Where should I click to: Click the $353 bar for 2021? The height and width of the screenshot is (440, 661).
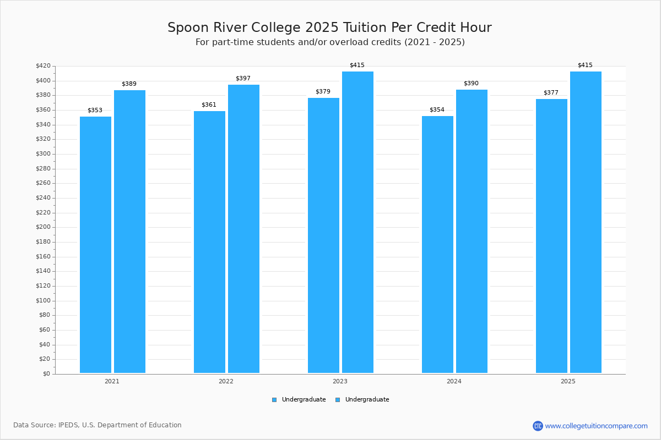coord(96,245)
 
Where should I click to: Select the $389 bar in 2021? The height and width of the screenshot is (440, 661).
coord(130,232)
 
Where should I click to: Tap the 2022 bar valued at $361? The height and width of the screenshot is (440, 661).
coord(209,242)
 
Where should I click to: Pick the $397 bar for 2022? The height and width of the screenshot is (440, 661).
coord(243,229)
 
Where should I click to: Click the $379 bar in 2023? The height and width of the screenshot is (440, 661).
coord(324,235)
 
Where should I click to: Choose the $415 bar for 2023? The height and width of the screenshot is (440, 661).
coord(357,222)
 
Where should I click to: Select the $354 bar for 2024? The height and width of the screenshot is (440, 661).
coord(437,244)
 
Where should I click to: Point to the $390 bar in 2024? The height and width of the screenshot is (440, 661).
coord(472,231)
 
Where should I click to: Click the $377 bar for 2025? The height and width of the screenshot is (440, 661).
coord(551,236)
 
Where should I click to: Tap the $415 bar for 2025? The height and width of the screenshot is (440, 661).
coord(586,222)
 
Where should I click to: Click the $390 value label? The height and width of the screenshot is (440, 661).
coord(471,84)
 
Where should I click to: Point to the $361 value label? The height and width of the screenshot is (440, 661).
coord(209,105)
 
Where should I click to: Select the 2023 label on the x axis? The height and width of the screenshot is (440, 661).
coord(340,381)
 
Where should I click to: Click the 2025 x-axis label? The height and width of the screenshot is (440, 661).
coord(568,381)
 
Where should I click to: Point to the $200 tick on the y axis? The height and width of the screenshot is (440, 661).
coord(44,227)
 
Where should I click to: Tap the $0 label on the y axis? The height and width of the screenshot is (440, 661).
coord(47,373)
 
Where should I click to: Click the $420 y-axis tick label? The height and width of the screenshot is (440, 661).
coord(44,65)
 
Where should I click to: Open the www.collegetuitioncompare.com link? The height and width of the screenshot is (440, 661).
coord(596,426)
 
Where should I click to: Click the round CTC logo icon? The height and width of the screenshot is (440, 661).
coord(538,426)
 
